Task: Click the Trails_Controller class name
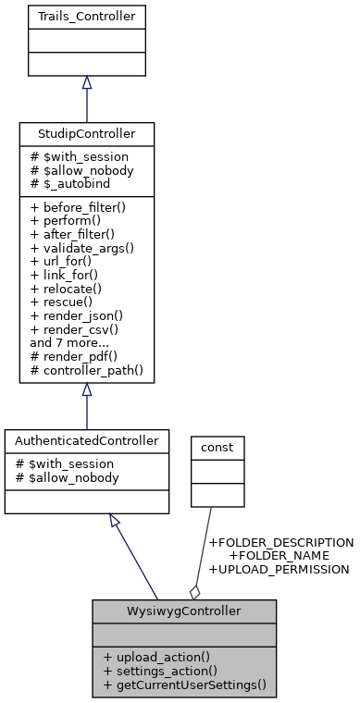[x=86, y=17]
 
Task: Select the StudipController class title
[x=86, y=134]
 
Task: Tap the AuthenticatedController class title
[x=86, y=441]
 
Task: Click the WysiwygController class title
[x=184, y=611]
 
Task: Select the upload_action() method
[x=155, y=656]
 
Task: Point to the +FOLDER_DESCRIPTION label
[x=281, y=542]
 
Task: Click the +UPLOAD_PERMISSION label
[x=279, y=570]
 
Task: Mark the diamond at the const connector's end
[x=195, y=590]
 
